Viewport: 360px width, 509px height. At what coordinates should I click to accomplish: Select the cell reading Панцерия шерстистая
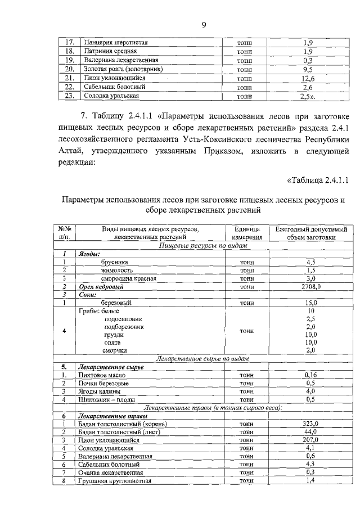click(115, 42)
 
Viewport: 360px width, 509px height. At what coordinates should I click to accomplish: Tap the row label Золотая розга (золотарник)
click(123, 69)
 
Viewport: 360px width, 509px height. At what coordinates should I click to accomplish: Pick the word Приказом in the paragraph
click(200, 151)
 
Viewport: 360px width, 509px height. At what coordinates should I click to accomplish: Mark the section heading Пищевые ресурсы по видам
click(203, 246)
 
